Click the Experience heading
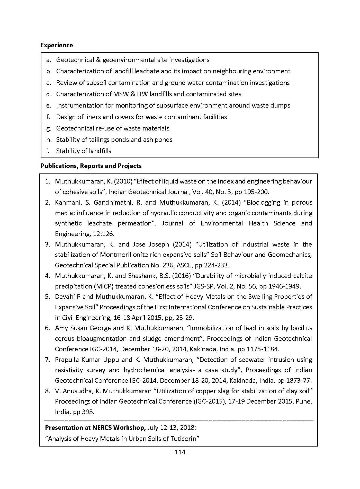pyautogui.click(x=57, y=45)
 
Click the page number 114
pyautogui.click(x=180, y=452)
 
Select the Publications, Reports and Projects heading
pyautogui.click(x=91, y=166)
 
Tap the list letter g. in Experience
pyautogui.click(x=49, y=128)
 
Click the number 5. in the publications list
pyautogui.click(x=48, y=297)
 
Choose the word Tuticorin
pyautogui.click(x=185, y=439)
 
